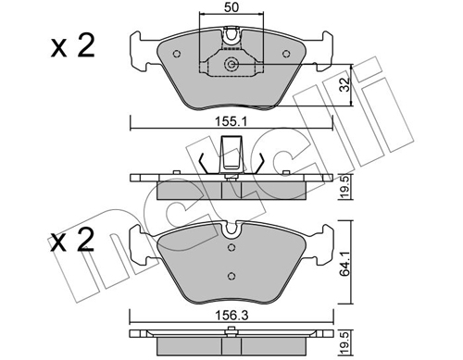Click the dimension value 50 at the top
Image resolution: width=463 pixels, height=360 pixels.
[231, 7]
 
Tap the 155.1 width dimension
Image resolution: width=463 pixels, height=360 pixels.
[231, 122]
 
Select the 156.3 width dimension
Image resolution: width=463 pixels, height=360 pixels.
[231, 316]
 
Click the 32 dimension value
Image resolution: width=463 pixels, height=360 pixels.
[344, 84]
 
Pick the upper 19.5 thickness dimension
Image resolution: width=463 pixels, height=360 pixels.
[345, 187]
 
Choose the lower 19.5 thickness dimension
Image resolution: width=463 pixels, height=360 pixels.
[345, 342]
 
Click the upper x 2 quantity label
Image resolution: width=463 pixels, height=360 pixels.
[73, 46]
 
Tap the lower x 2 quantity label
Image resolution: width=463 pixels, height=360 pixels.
[72, 240]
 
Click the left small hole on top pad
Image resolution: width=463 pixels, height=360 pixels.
[177, 54]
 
